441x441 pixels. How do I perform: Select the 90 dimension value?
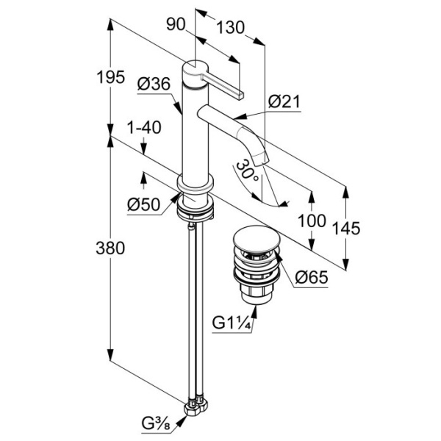[175, 24]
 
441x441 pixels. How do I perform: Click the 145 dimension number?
[345, 228]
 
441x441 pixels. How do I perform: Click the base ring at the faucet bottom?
[196, 207]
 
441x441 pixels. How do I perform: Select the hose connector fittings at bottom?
[197, 403]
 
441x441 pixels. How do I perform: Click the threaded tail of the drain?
[254, 295]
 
